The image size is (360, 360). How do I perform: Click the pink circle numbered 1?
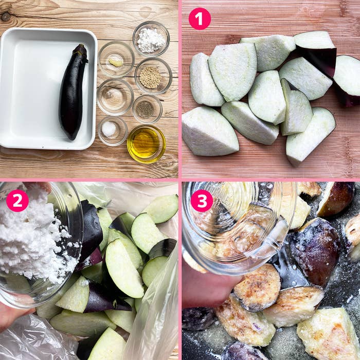pos(200,19)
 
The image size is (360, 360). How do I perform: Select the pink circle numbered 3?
pos(202,201)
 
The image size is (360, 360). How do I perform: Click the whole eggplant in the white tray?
pos(73,92)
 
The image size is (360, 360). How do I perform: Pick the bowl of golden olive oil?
pos(146,144)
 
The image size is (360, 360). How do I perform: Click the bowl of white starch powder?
pos(151,39)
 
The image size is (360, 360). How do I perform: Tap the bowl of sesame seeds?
pos(153,76)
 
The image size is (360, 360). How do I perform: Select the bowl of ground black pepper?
pos(148,109)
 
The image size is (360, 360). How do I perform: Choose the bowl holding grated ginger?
pos(116,59)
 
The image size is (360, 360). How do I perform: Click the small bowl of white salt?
pos(113,131)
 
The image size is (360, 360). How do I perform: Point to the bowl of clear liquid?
pos(115,97)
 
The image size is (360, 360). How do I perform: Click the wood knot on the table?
pos(6,16)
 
